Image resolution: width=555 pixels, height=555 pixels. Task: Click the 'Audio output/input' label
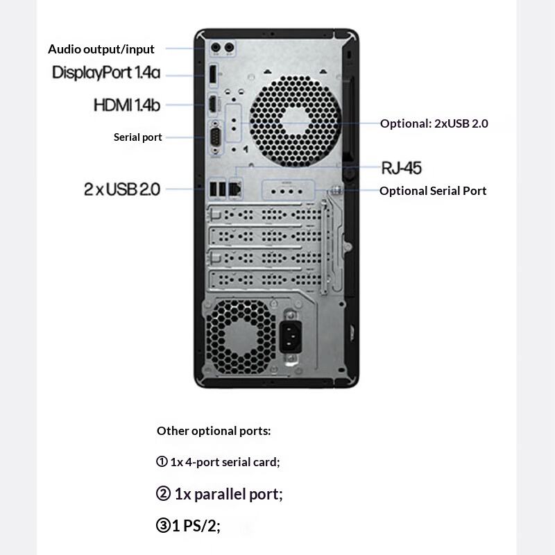pos(101,49)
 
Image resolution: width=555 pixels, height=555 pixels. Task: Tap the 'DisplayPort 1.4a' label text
pos(106,72)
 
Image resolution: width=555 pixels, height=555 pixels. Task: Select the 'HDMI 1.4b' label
pos(127,105)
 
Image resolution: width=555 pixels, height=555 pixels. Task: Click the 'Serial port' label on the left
pos(138,137)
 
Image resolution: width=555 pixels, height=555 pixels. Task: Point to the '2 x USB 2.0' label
pos(122,189)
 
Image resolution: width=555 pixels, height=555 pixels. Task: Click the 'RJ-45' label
pos(402,167)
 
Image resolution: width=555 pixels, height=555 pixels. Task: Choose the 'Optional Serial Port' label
pos(433,190)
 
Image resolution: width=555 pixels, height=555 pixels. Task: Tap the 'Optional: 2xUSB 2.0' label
pos(434,123)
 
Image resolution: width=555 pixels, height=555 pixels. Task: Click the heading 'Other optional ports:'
pos(214,430)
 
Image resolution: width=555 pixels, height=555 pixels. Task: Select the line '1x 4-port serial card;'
pos(219,461)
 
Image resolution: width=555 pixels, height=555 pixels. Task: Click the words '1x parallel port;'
pos(220,494)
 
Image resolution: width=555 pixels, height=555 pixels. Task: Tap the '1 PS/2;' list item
pos(189,526)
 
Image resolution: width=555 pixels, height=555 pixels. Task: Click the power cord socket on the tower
pos(292,337)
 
